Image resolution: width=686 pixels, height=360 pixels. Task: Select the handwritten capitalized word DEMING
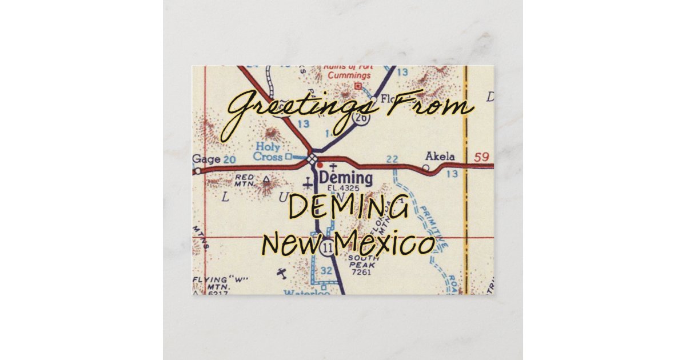click(349, 209)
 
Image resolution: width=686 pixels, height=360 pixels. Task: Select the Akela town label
click(440, 157)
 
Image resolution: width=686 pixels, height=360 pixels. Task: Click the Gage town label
click(206, 159)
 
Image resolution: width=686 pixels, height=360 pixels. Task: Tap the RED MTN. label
click(244, 181)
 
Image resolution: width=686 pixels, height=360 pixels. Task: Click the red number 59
click(482, 156)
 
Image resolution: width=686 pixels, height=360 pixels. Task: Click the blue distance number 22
click(392, 158)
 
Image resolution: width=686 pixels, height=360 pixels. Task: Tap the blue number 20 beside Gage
click(229, 159)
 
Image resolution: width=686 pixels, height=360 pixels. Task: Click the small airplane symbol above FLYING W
click(282, 273)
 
